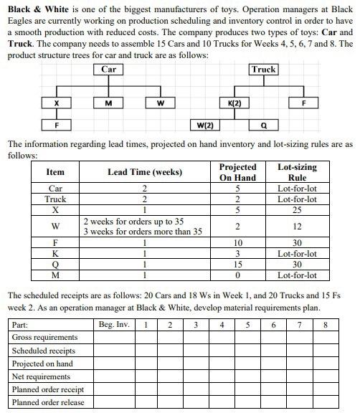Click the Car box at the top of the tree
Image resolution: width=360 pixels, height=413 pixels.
pyautogui.click(x=108, y=70)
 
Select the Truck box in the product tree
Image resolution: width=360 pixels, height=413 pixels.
pyautogui.click(x=263, y=70)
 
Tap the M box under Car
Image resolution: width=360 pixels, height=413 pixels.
pyautogui.click(x=108, y=103)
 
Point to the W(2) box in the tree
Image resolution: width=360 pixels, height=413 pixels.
pyautogui.click(x=205, y=125)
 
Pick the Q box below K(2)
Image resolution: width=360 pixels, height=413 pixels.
pyautogui.click(x=264, y=125)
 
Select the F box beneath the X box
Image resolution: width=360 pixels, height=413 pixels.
pyautogui.click(x=57, y=125)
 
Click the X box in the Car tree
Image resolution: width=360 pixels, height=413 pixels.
pyautogui.click(x=57, y=103)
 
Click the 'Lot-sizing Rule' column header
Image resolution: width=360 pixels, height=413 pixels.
pyautogui.click(x=297, y=172)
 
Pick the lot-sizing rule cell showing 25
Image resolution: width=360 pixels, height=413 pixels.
pyautogui.click(x=297, y=211)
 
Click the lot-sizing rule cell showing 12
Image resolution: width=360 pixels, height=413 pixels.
pyautogui.click(x=297, y=227)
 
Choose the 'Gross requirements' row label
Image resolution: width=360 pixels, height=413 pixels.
pyautogui.click(x=44, y=337)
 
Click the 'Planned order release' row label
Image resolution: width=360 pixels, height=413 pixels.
pyautogui.click(x=48, y=402)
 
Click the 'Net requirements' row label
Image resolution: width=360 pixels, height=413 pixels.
pyautogui.click(x=41, y=376)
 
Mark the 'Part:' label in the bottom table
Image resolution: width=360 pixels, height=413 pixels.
pyautogui.click(x=21, y=324)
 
